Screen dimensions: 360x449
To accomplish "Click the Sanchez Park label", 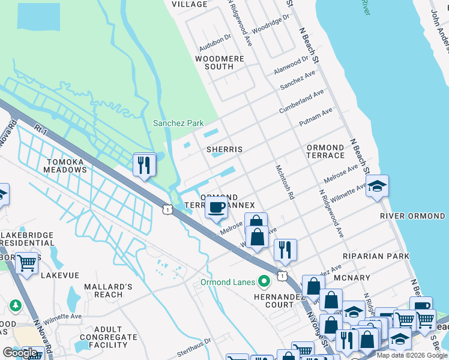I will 178,123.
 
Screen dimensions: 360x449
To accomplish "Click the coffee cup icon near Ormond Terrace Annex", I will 216,208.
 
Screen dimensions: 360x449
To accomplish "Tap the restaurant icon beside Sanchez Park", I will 144,164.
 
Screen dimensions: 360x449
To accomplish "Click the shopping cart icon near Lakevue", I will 26,263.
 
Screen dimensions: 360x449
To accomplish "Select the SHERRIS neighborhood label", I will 224,149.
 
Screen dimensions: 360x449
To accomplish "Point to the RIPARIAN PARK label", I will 376,256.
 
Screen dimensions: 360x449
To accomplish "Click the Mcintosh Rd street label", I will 285,182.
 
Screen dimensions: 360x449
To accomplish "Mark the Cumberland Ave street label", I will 301,102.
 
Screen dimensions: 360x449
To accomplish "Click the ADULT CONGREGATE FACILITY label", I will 110,337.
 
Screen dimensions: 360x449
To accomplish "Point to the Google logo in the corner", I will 20,353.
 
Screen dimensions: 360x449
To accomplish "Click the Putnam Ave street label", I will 316,118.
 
